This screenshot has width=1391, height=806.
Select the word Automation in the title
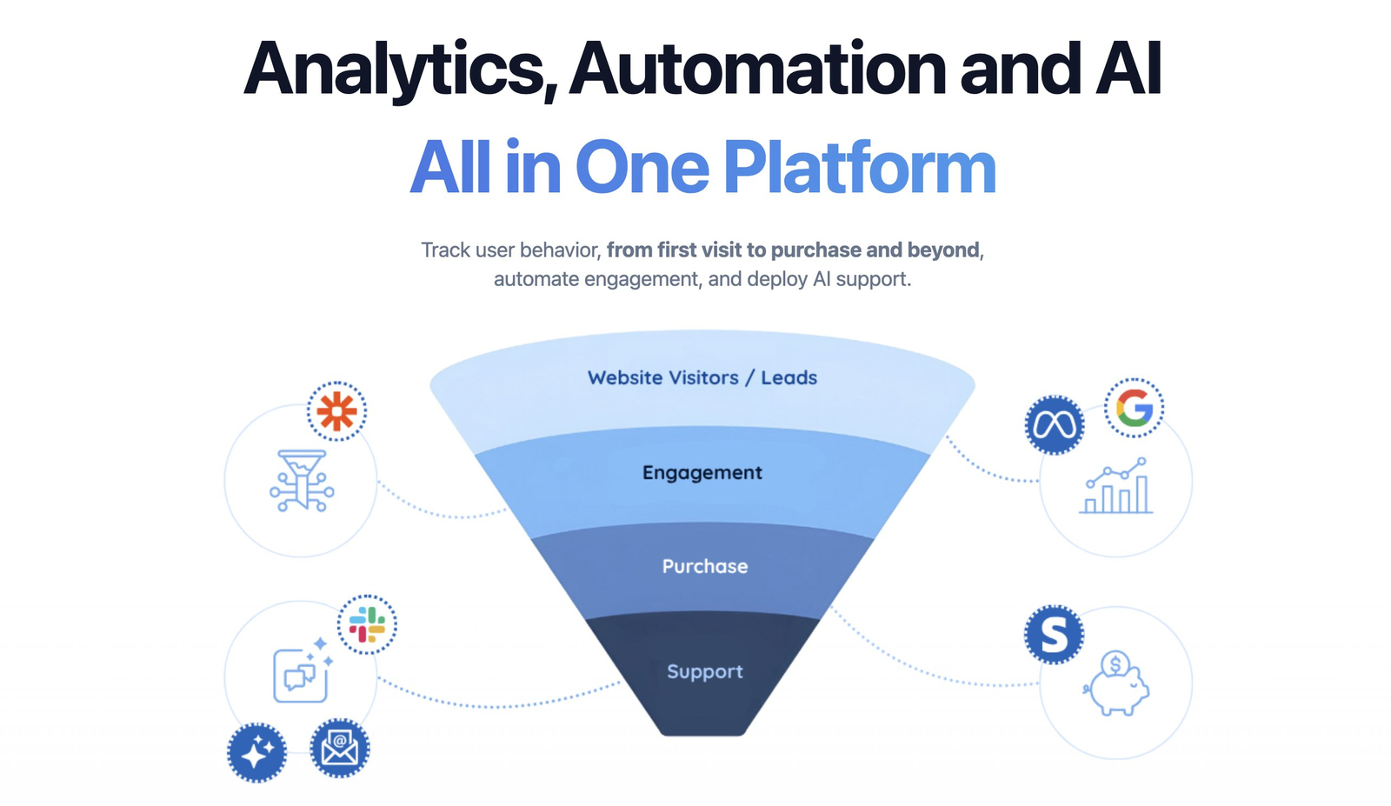click(757, 70)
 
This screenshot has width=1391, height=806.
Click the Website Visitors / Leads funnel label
click(702, 378)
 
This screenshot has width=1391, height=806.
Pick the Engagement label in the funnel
click(702, 473)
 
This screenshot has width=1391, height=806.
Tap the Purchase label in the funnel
click(705, 567)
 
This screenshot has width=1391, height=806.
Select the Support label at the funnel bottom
click(705, 672)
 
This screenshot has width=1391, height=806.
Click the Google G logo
click(1134, 408)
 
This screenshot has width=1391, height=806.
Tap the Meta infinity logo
click(1055, 425)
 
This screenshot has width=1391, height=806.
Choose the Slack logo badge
click(367, 624)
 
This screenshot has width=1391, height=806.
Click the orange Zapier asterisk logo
click(336, 411)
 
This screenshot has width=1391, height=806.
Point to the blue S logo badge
click(1054, 635)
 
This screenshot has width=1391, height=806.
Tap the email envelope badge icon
click(340, 748)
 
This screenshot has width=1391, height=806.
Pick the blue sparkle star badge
click(256, 753)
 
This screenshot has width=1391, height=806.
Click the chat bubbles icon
click(301, 674)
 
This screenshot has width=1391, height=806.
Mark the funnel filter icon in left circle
click(302, 480)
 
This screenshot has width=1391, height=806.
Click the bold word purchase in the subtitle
click(815, 250)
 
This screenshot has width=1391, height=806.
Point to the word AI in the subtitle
click(822, 280)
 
